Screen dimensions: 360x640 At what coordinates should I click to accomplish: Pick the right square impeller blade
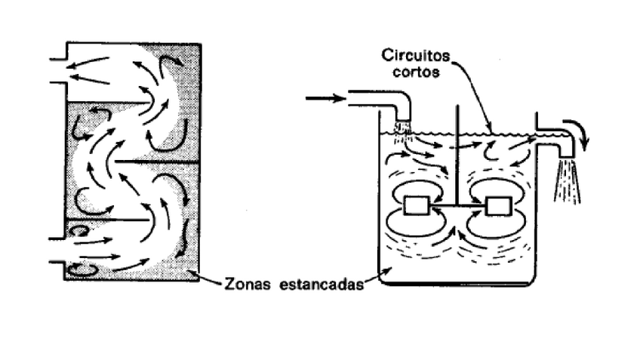pyautogui.click(x=497, y=205)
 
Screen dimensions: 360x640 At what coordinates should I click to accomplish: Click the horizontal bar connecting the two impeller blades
pyautogui.click(x=457, y=205)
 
